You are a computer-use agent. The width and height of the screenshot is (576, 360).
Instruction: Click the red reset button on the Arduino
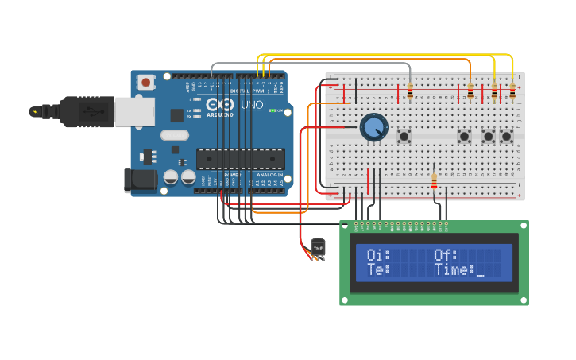coord(145,82)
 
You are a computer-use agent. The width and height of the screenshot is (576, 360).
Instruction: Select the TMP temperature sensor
coord(319,248)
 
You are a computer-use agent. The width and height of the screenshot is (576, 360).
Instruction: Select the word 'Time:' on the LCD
coord(454,270)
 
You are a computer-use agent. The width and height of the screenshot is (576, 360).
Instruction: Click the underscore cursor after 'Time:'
coord(480,272)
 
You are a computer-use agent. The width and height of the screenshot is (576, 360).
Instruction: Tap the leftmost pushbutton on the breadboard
coord(404,137)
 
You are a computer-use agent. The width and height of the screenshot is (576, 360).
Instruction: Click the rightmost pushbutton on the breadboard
coord(506,137)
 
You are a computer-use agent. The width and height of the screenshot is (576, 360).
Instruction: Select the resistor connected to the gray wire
coord(410,92)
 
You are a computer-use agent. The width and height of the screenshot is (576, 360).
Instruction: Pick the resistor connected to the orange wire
coord(470,93)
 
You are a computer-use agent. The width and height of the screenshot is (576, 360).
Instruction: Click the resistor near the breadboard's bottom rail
coord(434,182)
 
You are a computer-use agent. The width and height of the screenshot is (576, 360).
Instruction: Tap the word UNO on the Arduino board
coord(252,105)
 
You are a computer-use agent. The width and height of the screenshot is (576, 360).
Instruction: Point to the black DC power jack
coord(141,180)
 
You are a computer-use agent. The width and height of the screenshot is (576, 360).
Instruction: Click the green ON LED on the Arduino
coord(273,110)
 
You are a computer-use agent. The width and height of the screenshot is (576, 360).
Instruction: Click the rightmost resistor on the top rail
coord(512,93)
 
